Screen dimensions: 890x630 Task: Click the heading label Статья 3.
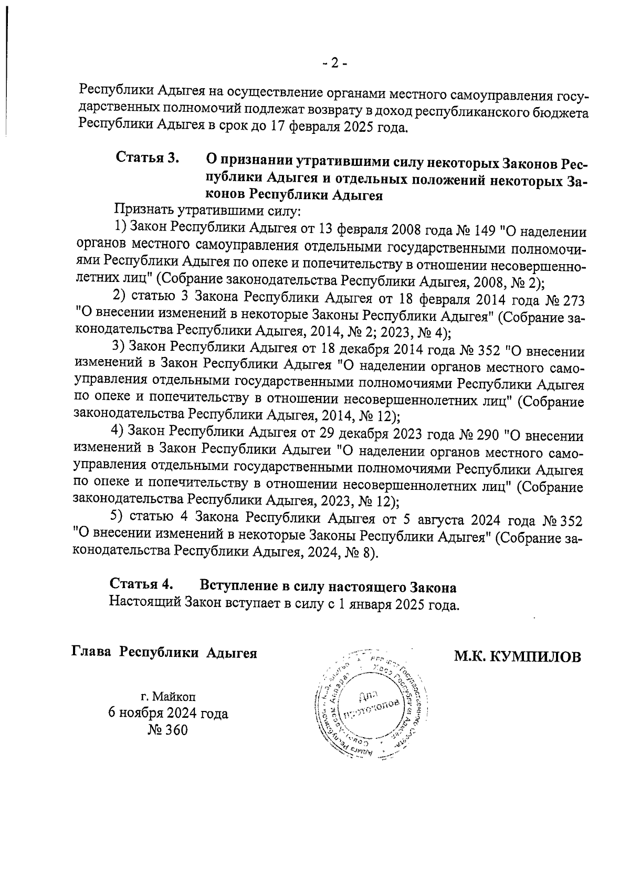click(x=148, y=158)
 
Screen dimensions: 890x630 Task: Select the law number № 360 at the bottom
click(x=167, y=730)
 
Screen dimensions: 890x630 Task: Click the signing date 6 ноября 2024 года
click(x=167, y=714)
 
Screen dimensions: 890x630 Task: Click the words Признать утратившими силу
click(x=208, y=212)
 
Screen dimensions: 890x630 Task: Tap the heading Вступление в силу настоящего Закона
click(x=328, y=586)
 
